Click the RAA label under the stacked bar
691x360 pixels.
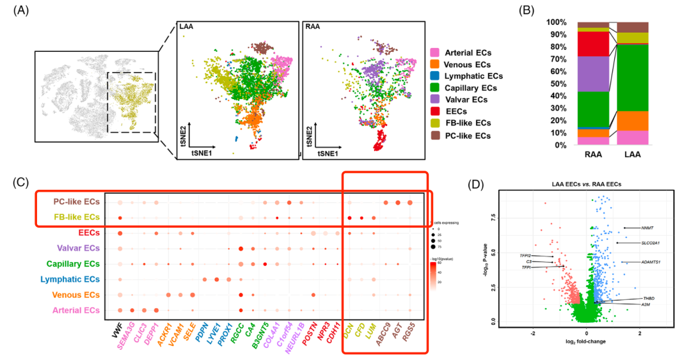(593, 154)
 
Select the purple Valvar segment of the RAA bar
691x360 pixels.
(593, 74)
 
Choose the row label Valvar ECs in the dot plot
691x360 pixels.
(76, 248)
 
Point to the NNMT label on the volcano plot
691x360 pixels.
(649, 228)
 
